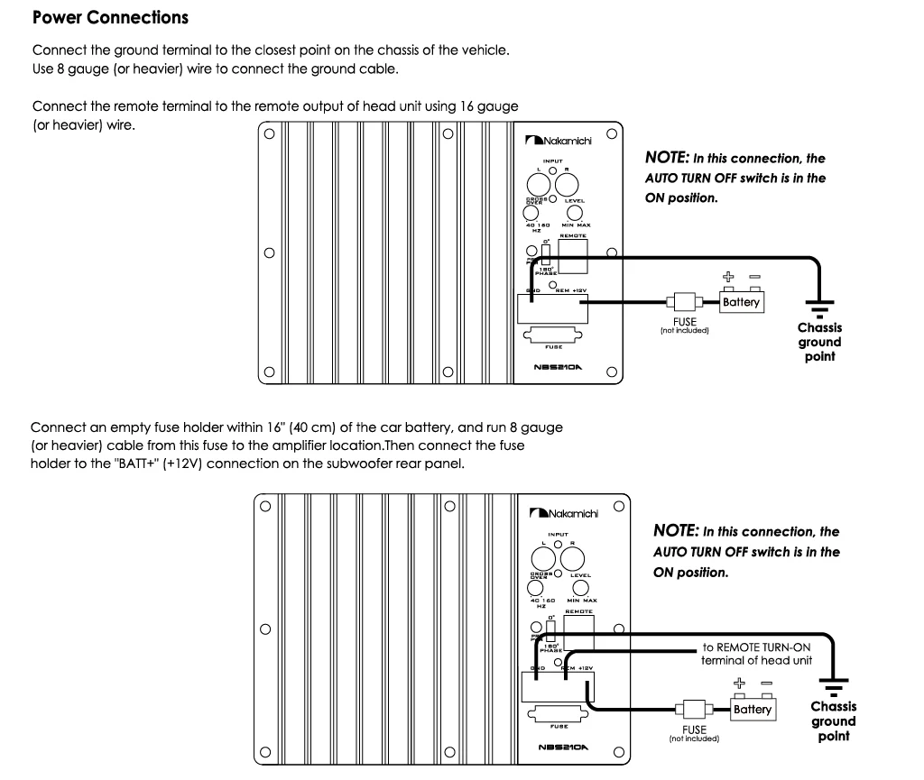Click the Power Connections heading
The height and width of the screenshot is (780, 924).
[110, 17]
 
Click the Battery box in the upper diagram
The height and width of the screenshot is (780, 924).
[741, 302]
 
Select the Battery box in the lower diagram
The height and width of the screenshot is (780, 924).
[752, 709]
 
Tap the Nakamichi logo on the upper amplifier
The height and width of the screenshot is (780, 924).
[559, 141]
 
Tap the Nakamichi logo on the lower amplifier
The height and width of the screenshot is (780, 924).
[565, 513]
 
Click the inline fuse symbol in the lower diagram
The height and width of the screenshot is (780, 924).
[695, 709]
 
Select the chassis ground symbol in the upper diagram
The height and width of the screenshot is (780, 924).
[819, 307]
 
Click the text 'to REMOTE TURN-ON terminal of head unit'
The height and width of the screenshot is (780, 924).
[757, 654]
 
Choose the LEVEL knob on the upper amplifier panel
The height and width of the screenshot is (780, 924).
[575, 212]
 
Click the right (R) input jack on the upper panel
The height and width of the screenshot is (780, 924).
[567, 184]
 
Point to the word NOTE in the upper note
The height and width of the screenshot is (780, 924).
[666, 157]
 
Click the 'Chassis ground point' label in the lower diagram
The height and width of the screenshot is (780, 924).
[833, 721]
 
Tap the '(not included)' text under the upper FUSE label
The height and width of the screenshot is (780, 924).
[684, 330]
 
